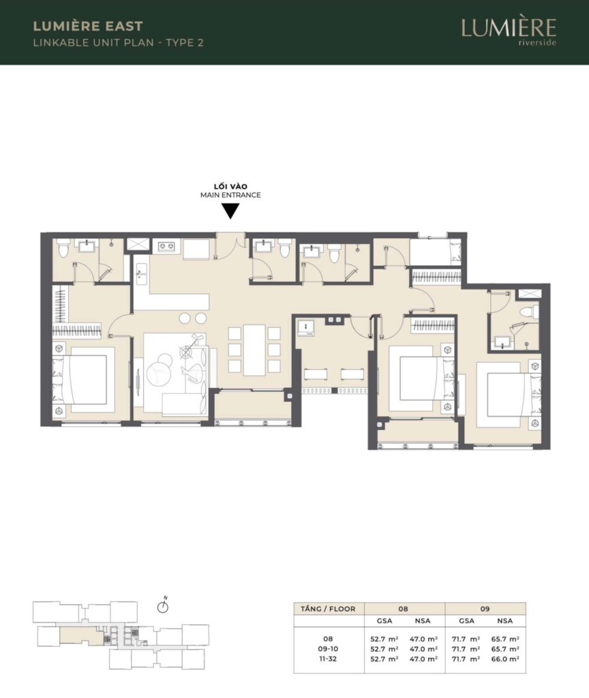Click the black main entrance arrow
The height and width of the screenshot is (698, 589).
tap(230, 211)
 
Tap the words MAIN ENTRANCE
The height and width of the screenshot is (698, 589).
tap(230, 195)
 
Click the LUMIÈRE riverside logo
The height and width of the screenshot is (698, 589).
tap(509, 31)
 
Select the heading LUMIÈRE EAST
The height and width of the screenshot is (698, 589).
tap(88, 27)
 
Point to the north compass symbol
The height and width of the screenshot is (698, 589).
tap(163, 605)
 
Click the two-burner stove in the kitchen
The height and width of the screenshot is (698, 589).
tap(166, 246)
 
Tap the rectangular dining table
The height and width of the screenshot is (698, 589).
tap(254, 350)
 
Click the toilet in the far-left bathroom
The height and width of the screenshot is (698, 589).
tap(63, 248)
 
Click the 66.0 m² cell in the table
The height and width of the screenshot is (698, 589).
tap(505, 659)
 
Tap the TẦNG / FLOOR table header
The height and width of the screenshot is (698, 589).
tap(328, 609)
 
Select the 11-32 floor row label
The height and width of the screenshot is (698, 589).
tap(328, 659)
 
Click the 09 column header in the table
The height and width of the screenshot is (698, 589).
tap(485, 609)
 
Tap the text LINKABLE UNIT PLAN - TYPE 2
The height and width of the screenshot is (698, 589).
tap(119, 43)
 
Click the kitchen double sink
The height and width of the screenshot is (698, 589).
tap(142, 274)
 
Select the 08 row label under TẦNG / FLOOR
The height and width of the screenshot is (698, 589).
tap(328, 639)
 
